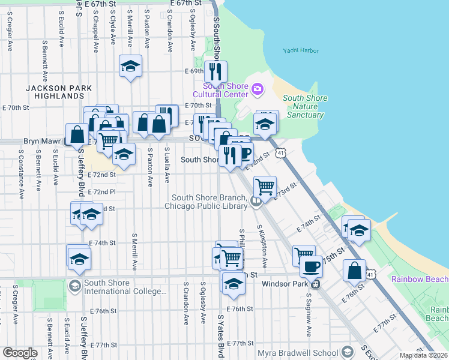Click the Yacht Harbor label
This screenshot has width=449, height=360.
click(301, 51)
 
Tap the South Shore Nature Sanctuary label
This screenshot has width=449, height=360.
click(304, 107)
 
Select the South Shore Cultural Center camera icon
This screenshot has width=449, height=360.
click(258, 89)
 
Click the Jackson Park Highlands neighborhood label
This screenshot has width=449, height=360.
click(59, 92)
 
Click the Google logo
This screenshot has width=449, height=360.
click(20, 353)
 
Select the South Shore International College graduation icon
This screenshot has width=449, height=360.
click(75, 286)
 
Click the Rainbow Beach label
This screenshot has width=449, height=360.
click(420, 279)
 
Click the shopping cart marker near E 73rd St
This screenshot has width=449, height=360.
click(265, 187)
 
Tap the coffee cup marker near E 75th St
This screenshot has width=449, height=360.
click(311, 266)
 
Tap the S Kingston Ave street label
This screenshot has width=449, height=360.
click(262, 246)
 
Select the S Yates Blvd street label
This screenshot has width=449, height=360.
click(221, 336)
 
